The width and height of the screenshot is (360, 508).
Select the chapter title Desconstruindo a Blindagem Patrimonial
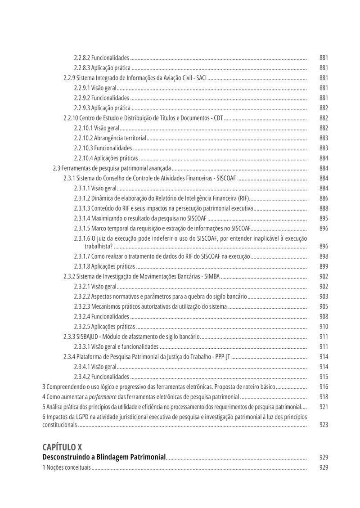[104, 457]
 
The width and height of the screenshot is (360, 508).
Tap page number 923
[324, 425]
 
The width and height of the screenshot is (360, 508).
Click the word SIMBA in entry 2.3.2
[212, 276]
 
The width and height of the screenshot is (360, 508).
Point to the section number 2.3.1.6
[82, 238]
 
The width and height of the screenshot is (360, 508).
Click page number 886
[324, 198]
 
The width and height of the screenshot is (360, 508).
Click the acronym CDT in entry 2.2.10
[218, 118]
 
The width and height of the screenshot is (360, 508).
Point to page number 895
[324, 218]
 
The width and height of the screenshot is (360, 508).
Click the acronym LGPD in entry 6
[76, 417]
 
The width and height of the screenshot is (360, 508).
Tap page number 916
[324, 387]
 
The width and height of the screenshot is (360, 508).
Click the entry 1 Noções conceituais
[66, 468]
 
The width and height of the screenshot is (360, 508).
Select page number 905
[324, 306]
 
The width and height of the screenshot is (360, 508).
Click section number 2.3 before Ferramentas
[56, 168]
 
